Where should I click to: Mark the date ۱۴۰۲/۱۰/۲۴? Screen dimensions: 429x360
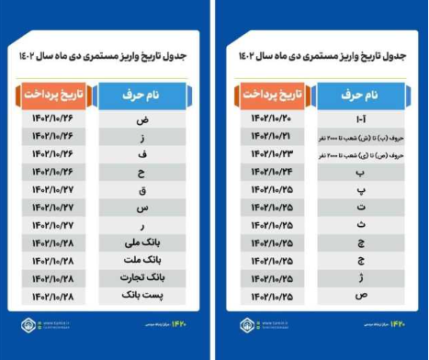[x=270, y=171]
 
